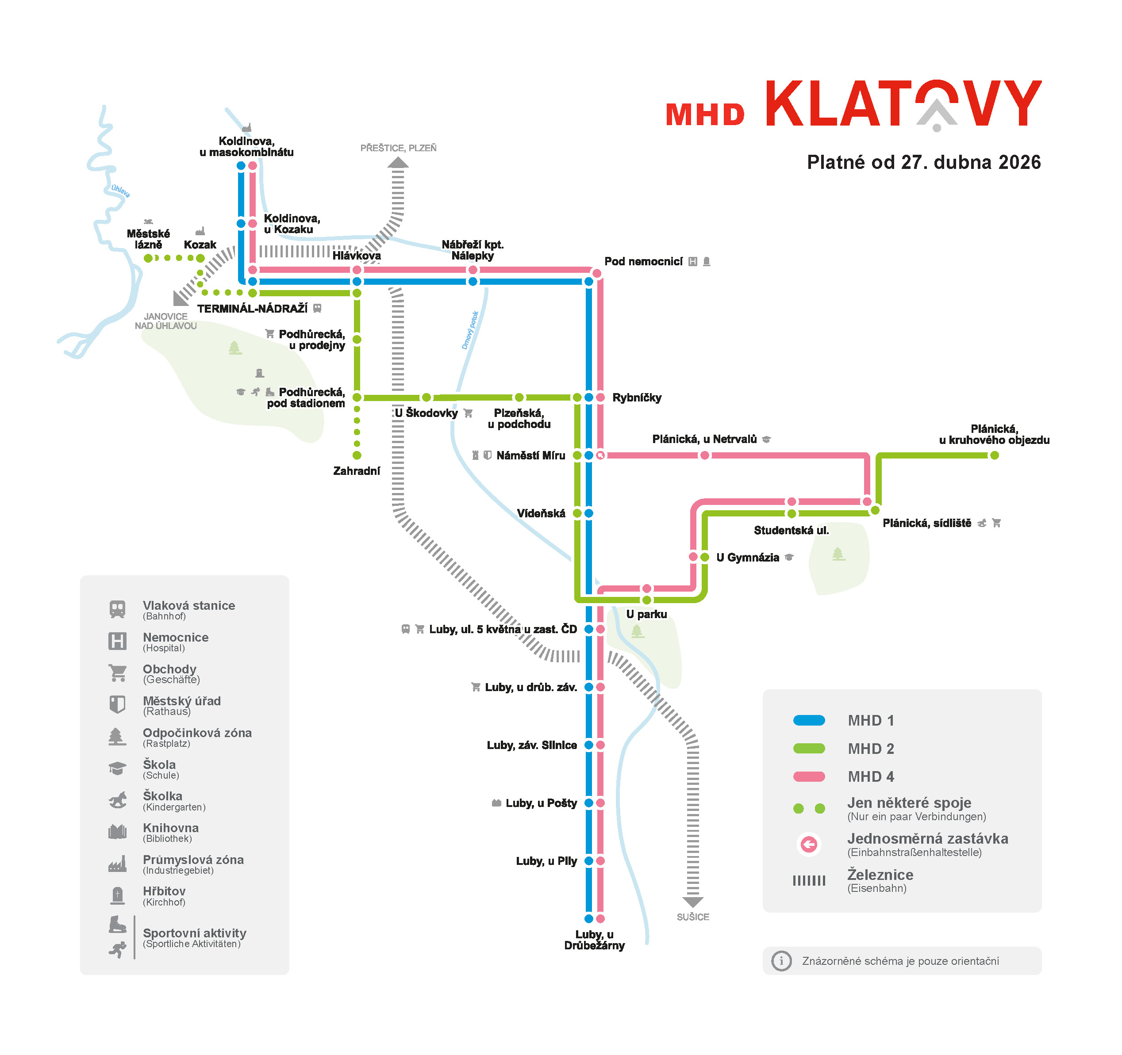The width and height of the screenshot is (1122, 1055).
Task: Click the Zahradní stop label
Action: (x=356, y=471)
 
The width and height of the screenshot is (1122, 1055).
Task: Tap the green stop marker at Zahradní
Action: (x=357, y=455)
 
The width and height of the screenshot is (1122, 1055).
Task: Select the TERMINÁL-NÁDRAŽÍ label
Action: (x=252, y=309)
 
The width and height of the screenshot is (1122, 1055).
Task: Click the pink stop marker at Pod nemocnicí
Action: (x=596, y=274)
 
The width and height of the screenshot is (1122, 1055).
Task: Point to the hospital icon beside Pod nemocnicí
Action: (x=692, y=262)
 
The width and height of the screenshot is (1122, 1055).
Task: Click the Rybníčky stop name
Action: (x=637, y=398)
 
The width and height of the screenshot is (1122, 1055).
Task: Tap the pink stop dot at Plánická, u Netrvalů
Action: (x=704, y=455)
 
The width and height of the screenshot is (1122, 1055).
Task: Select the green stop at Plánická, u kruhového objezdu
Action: (x=995, y=455)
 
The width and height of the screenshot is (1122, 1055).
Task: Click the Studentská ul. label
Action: (x=791, y=530)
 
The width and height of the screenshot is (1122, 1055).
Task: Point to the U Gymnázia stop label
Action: (x=747, y=558)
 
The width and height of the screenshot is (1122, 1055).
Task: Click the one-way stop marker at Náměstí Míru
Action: (x=600, y=455)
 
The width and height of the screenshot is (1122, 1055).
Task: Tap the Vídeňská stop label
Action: (x=541, y=513)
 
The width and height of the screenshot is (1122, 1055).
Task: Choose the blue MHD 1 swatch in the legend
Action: (x=809, y=720)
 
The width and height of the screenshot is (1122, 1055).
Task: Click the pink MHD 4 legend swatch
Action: (x=809, y=777)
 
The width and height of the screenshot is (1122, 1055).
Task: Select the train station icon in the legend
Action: (x=117, y=609)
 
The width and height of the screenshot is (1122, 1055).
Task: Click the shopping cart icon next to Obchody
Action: (x=117, y=673)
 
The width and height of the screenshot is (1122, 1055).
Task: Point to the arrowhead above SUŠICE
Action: (x=692, y=902)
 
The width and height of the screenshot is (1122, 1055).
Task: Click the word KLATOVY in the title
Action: (x=903, y=104)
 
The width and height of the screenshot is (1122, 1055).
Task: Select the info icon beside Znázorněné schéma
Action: (x=781, y=961)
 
